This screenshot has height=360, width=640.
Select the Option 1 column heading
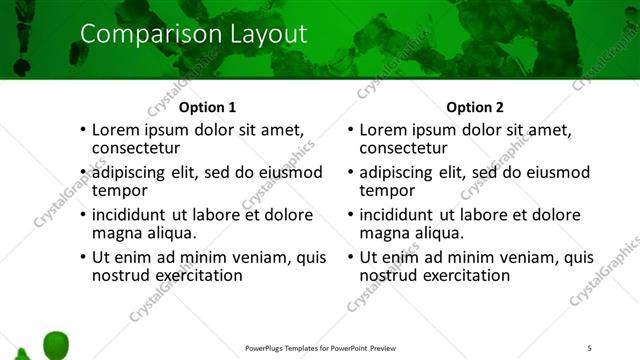[208, 107]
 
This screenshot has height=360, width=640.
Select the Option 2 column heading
[475, 107]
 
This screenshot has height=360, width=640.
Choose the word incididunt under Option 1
[130, 215]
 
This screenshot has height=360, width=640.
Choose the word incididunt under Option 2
[397, 215]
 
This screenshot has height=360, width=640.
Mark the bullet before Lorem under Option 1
[82, 131]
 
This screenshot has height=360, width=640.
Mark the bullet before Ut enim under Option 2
[349, 258]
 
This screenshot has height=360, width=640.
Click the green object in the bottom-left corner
[56, 343]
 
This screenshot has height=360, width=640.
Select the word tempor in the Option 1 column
[119, 190]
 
